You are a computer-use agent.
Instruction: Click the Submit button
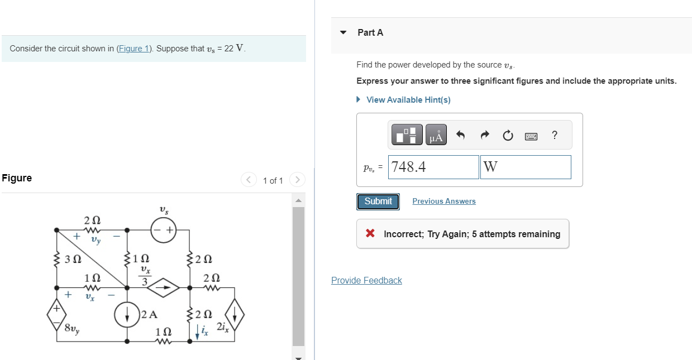point(378,201)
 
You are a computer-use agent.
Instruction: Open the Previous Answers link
point(444,201)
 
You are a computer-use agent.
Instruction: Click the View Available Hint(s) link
point(408,100)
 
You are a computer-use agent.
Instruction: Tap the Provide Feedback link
point(366,280)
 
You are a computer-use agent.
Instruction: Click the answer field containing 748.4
point(433,167)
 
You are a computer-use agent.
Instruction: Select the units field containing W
point(525,167)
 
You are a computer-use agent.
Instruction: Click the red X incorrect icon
point(370,234)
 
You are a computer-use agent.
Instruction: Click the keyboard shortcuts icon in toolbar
point(531,136)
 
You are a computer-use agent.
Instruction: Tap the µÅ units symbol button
point(436,135)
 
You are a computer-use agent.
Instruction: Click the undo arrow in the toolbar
point(461,135)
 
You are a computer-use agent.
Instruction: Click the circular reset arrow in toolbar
point(508,135)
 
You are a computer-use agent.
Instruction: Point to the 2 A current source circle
point(127,315)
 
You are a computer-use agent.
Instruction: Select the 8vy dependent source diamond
point(56,316)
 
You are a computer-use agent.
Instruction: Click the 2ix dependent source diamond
point(235,316)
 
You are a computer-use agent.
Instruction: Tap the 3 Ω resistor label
point(73,259)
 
